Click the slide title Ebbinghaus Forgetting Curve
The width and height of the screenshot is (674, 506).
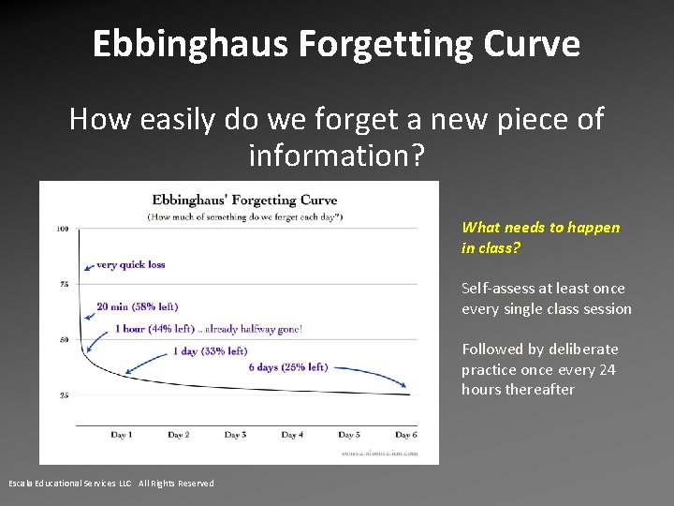click(x=336, y=44)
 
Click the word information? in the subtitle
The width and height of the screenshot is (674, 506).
click(x=337, y=155)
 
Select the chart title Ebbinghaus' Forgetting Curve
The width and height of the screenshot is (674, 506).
click(x=244, y=200)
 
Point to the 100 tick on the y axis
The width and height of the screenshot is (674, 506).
click(x=62, y=229)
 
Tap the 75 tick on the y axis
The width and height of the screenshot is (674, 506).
click(x=63, y=284)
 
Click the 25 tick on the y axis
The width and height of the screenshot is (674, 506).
click(x=63, y=395)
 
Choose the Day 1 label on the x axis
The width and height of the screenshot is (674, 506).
click(x=122, y=435)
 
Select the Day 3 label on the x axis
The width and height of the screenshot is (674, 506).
click(x=235, y=435)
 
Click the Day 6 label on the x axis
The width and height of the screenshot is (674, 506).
click(x=405, y=435)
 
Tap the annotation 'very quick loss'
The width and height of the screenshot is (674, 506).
click(x=131, y=264)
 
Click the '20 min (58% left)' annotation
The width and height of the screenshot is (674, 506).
click(x=137, y=306)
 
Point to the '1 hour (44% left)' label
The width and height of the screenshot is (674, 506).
click(x=154, y=329)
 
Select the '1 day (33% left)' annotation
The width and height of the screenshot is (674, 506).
click(x=210, y=351)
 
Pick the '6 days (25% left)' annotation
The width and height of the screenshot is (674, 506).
click(x=288, y=367)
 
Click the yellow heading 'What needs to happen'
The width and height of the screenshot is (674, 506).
click(x=540, y=228)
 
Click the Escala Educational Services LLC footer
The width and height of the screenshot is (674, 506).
click(x=111, y=484)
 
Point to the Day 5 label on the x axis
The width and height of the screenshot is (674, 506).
click(x=348, y=435)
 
